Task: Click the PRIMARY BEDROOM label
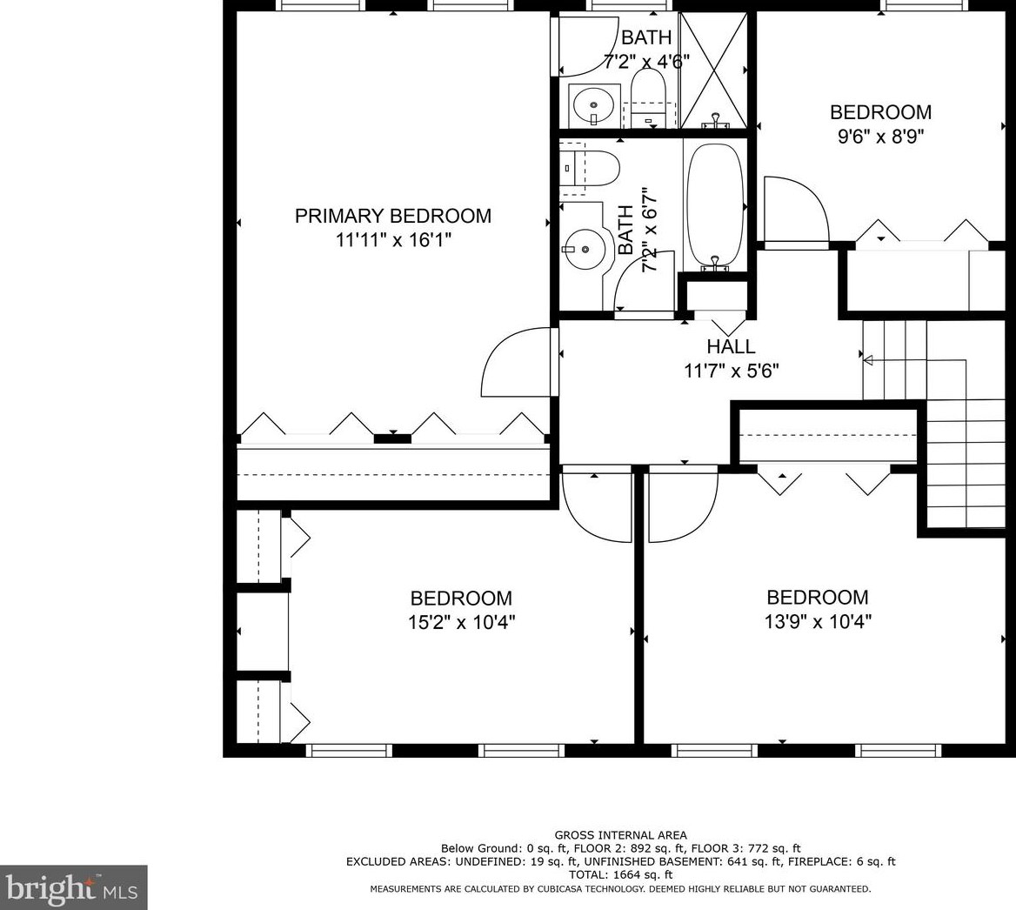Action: pyautogui.click(x=392, y=216)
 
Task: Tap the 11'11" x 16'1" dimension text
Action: pyautogui.click(x=392, y=240)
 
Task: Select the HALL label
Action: pyautogui.click(x=731, y=346)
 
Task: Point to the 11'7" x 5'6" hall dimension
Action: pyautogui.click(x=731, y=371)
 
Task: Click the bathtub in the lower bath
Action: pyautogui.click(x=714, y=206)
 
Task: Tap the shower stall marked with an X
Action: pyautogui.click(x=713, y=70)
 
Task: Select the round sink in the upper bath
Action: pyautogui.click(x=593, y=105)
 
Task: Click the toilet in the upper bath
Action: pyautogui.click(x=648, y=97)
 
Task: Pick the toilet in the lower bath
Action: pyautogui.click(x=590, y=169)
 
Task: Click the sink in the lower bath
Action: pyautogui.click(x=585, y=248)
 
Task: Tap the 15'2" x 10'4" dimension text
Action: pyautogui.click(x=461, y=623)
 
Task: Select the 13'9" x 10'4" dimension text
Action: pyautogui.click(x=818, y=622)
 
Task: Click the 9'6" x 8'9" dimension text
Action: pyautogui.click(x=880, y=137)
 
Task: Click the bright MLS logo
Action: pyautogui.click(x=73, y=888)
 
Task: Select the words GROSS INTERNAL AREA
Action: pyautogui.click(x=621, y=835)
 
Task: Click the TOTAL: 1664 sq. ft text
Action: pyautogui.click(x=620, y=875)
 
